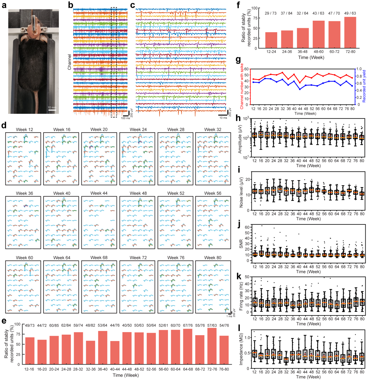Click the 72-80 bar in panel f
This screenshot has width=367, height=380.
coord(350,32)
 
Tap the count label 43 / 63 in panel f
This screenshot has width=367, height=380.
coord(318,13)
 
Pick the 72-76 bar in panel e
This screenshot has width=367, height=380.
coord(212,346)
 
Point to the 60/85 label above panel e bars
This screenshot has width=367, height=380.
coord(54,325)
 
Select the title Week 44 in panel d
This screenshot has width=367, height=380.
coord(99,193)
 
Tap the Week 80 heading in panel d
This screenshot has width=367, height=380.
coord(213,257)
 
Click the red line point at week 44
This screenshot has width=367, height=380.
coord(300,83)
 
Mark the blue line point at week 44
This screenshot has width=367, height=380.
coord(300,89)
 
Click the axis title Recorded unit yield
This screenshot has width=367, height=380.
coord(364,86)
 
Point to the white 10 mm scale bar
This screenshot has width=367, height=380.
coord(52,110)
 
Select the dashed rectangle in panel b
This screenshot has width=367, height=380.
coord(114,62)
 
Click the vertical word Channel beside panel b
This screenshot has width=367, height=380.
coord(69,62)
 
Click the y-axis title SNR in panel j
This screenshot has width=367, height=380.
coord(241,244)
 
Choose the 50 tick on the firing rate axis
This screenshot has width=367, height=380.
coord(247,277)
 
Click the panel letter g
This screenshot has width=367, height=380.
coord(238,60)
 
